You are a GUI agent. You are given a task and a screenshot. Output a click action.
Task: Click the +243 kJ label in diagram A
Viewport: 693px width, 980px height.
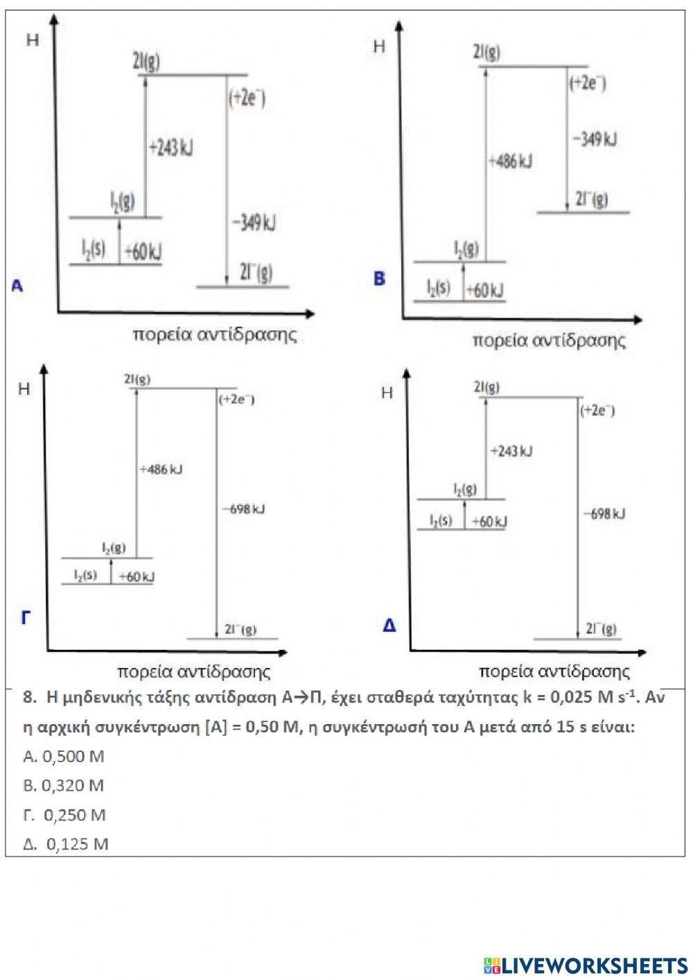point(170,148)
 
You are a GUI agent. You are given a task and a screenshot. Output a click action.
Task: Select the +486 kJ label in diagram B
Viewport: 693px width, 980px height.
point(510,162)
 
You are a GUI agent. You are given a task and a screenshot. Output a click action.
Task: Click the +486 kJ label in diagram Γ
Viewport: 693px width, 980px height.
point(161,470)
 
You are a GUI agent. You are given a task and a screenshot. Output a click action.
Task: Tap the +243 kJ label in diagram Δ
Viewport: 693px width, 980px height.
point(511,451)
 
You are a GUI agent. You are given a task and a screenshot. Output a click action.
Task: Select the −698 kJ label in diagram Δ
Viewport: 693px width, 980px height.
point(604,514)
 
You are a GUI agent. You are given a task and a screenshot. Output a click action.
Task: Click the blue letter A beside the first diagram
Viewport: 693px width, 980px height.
point(17,285)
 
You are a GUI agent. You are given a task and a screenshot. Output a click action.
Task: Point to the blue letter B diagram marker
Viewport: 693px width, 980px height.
point(379,279)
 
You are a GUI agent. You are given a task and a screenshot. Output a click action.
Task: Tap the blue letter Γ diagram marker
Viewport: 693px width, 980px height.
point(26,617)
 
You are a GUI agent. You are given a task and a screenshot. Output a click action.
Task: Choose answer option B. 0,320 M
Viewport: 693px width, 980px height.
point(63,785)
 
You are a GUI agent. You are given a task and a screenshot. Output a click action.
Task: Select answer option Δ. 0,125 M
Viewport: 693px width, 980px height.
point(66,844)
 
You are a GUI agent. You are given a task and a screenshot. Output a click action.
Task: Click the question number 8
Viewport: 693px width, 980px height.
point(29,698)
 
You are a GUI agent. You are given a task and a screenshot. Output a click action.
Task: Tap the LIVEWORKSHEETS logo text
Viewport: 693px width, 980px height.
point(586,965)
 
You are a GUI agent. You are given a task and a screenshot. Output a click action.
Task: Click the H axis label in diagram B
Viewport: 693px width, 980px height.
point(379,46)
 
